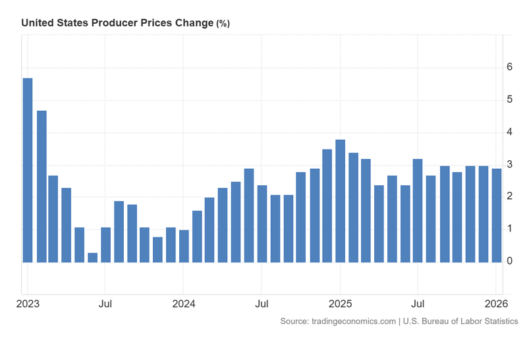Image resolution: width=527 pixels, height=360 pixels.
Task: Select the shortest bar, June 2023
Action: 93,257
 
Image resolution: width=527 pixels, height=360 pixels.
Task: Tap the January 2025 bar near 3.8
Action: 340,201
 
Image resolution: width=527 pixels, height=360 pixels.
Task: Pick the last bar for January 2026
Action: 497,216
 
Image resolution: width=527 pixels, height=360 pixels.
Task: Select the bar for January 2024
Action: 184,246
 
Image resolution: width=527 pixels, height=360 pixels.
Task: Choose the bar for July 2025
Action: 418,210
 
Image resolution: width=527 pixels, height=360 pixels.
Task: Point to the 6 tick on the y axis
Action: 509,67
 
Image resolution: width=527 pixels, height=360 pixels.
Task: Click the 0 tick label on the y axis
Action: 509,262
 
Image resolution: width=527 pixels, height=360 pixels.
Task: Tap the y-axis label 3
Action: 509,165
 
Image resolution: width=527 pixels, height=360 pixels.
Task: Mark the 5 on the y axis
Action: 509,100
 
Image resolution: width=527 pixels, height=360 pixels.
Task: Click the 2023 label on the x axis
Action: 28,304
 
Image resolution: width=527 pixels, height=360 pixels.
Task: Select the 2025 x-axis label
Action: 341,304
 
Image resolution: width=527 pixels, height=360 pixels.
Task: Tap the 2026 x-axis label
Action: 495,304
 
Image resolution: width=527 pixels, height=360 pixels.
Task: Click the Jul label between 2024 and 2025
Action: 262,304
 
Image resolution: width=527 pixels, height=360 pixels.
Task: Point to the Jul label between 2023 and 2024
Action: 105,304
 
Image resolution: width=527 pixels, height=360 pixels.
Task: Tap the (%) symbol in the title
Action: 223,23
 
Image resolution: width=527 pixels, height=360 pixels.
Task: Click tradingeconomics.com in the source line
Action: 352,321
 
